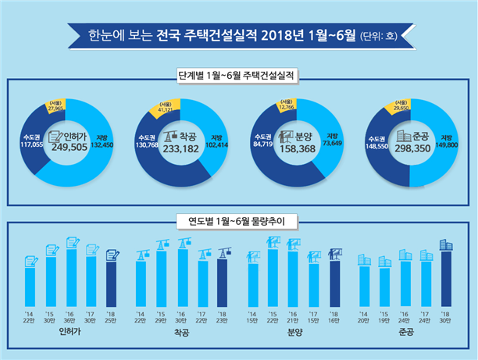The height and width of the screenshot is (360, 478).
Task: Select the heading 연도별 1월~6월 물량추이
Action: [x=239, y=221]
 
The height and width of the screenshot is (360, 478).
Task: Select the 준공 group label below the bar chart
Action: [x=405, y=333]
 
